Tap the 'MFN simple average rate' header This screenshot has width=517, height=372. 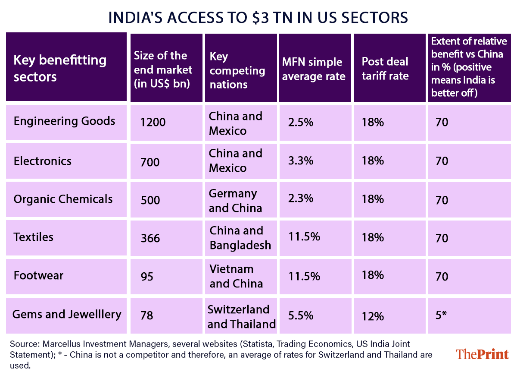(313, 69)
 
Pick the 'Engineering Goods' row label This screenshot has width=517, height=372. (64, 121)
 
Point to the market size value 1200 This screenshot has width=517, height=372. (153, 123)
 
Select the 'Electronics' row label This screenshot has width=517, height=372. (43, 161)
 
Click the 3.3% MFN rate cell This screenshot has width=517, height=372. (301, 161)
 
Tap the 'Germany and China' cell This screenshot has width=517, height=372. (235, 201)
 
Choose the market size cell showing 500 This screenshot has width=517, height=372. (150, 200)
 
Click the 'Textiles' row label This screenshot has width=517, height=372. (34, 237)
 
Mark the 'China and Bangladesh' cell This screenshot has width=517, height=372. (240, 238)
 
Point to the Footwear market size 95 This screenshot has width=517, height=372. (147, 276)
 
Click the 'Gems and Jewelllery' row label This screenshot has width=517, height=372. (67, 314)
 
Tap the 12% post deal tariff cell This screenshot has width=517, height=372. (373, 316)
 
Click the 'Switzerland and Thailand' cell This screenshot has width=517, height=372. (241, 317)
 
